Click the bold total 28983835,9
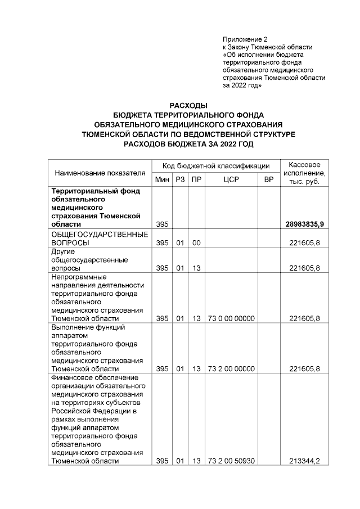pos(308,224)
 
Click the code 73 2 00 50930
pos(232,461)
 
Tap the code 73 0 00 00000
pos(232,318)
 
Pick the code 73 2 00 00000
pos(232,369)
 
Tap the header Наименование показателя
pos(100,173)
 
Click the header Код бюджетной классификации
pos(216,166)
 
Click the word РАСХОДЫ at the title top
pos(188,105)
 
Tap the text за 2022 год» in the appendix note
pos(241,86)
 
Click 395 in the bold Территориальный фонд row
pos(163,224)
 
